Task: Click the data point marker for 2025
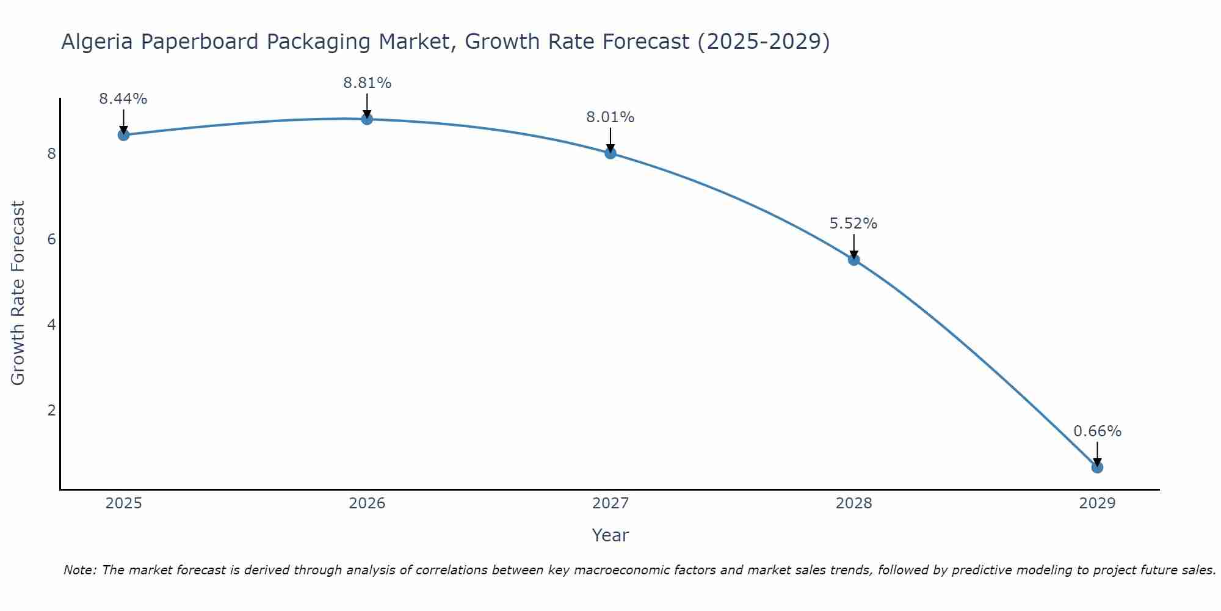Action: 123,135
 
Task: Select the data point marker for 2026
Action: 367,119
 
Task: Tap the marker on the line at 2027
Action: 610,153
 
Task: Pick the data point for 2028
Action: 853,260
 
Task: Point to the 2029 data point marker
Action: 1097,467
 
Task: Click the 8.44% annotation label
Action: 123,99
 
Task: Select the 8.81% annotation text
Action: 367,83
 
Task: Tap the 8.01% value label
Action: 610,117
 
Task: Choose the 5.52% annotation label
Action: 853,224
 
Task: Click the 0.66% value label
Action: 1097,431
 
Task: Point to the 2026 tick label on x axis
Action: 367,503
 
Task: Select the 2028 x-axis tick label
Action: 853,503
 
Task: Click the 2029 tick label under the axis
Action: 1097,503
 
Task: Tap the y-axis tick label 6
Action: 51,239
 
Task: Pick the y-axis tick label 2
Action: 51,410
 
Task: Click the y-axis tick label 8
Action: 51,153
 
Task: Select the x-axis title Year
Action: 610,535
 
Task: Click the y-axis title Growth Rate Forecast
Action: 18,293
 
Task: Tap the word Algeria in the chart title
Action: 97,42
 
